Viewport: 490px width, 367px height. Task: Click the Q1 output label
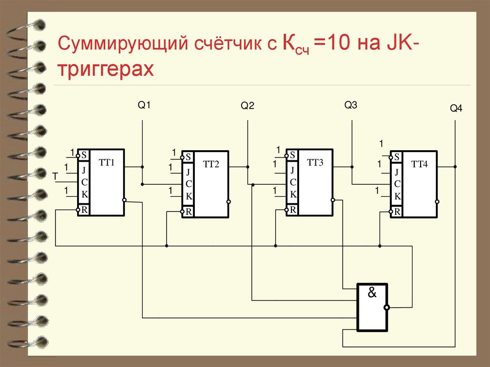[144, 105]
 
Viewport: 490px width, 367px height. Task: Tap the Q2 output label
[247, 106]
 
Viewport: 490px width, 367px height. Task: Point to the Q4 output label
[456, 109]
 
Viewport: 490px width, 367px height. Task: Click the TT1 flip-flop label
[107, 162]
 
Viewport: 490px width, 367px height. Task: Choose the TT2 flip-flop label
[211, 165]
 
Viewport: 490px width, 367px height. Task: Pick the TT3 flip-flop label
[315, 163]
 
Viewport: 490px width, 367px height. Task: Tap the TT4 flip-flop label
[420, 165]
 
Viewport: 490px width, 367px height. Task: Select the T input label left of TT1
[55, 177]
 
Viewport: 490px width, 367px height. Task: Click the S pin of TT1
[84, 155]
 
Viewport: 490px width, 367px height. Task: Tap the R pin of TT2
[189, 212]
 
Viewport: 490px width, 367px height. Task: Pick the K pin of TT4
[397, 196]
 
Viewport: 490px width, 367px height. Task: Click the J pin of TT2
[189, 172]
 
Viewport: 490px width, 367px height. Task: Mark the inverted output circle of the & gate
[387, 308]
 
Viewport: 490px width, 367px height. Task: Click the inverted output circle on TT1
[124, 200]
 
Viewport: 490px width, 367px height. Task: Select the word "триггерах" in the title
[106, 69]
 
